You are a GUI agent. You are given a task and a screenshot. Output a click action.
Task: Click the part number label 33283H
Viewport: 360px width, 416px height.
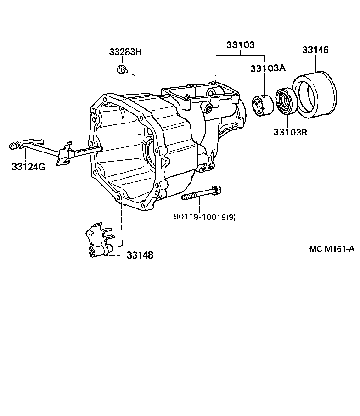coord(125,52)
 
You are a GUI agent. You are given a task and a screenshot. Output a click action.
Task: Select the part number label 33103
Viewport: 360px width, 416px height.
coord(240,45)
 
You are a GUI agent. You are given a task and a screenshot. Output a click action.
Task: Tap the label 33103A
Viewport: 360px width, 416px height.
coord(268,68)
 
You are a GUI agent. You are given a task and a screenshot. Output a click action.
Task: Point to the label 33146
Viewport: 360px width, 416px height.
coord(315,50)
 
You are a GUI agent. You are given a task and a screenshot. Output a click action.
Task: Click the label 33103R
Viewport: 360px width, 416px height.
coord(290,132)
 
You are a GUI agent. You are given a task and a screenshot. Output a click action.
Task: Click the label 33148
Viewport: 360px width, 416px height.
coord(140,255)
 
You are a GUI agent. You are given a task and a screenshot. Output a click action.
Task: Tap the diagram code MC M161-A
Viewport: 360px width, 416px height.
coord(332,249)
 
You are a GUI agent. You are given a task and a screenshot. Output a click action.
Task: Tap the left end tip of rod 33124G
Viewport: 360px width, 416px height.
coord(13,146)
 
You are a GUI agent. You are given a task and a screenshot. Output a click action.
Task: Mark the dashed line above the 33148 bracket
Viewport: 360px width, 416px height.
coord(122,225)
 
